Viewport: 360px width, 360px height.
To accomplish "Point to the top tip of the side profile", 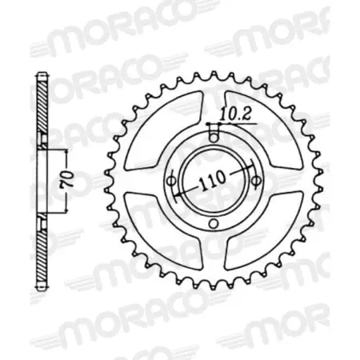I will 41,76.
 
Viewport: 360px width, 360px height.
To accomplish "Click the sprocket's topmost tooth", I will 213,74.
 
